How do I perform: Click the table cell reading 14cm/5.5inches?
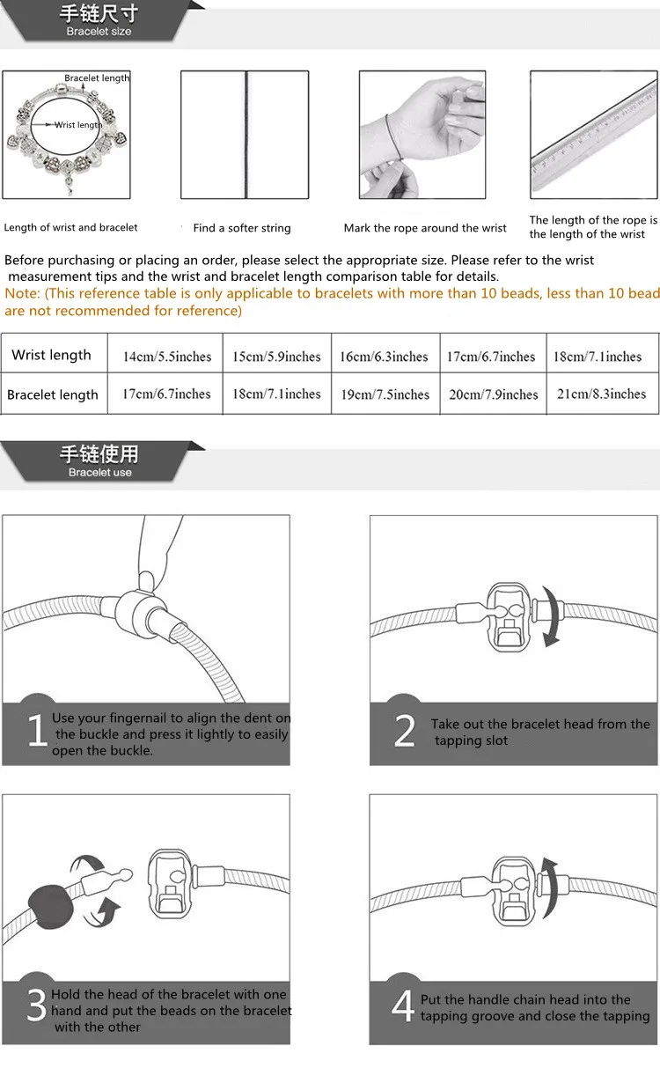(x=167, y=357)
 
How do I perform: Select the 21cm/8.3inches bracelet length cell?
(x=602, y=394)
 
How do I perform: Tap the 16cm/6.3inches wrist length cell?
(x=384, y=357)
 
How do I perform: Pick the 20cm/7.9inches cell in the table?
(x=493, y=394)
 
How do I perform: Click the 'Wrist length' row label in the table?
(x=51, y=356)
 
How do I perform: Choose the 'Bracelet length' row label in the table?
(x=53, y=395)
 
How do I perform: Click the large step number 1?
(x=37, y=731)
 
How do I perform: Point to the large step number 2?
(x=404, y=731)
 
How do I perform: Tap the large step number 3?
(x=36, y=1007)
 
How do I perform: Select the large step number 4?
(x=403, y=1007)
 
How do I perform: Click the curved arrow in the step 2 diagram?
(x=551, y=616)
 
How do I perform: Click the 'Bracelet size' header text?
(x=99, y=32)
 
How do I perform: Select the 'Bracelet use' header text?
(x=99, y=473)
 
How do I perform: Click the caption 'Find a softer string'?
(x=242, y=228)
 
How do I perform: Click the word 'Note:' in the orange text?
(x=23, y=293)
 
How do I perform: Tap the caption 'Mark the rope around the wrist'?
(x=425, y=228)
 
